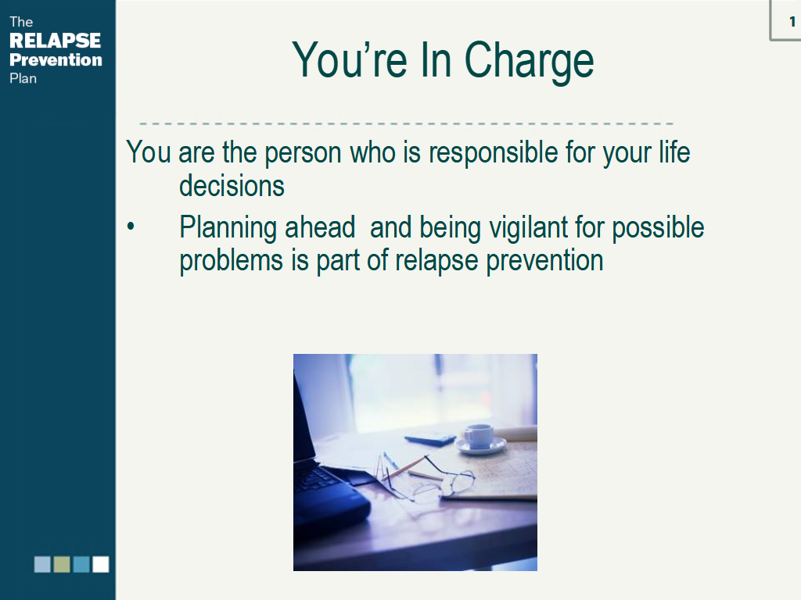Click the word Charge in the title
(x=529, y=61)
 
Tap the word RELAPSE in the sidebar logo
(x=56, y=41)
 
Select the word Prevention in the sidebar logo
(x=56, y=59)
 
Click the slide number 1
(x=792, y=21)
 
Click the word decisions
(x=232, y=185)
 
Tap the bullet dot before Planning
(x=131, y=226)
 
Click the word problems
(x=232, y=261)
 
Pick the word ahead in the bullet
(x=319, y=227)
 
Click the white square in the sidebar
(x=101, y=564)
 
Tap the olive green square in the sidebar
(x=62, y=564)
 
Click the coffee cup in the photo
(x=480, y=437)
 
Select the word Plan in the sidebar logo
(x=23, y=78)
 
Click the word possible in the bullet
(x=658, y=228)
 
